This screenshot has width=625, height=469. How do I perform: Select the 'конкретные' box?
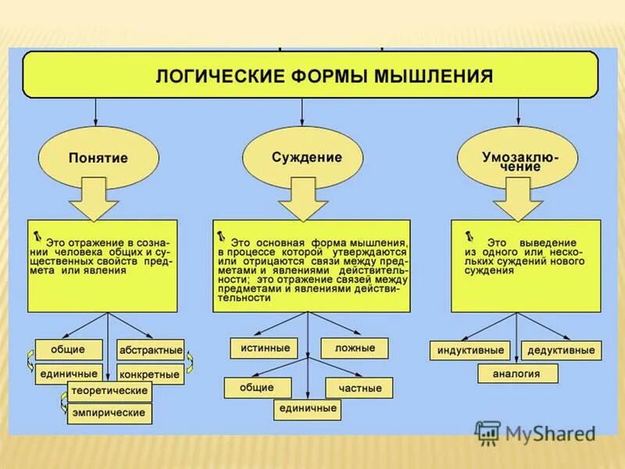click(x=150, y=374)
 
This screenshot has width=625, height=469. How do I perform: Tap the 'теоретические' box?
click(x=109, y=390)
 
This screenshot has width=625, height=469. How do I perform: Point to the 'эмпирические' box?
click(x=109, y=413)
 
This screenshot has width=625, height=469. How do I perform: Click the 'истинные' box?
click(x=266, y=348)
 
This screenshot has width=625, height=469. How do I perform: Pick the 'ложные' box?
click(x=355, y=348)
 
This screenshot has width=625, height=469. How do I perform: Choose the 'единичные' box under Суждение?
click(x=307, y=409)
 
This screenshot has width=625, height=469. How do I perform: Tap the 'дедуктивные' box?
click(x=561, y=350)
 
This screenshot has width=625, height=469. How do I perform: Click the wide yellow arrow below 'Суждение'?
click(x=304, y=199)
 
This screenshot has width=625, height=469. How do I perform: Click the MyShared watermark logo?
click(x=535, y=432)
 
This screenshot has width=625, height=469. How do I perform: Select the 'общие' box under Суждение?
click(x=257, y=388)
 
